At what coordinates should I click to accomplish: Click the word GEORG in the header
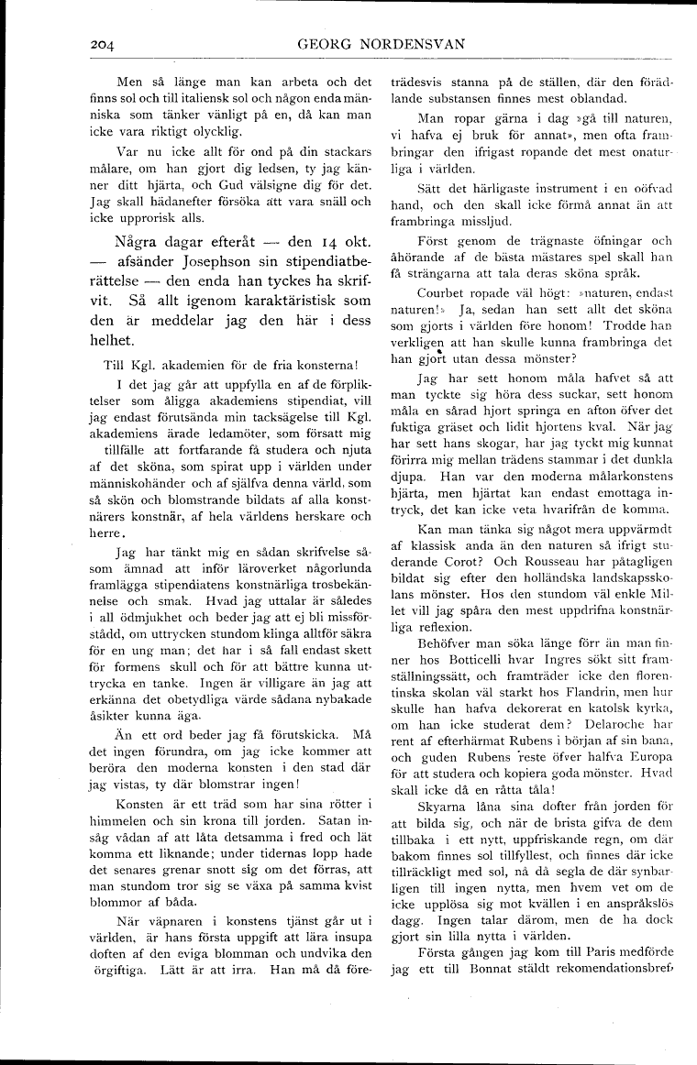tap(329, 42)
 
